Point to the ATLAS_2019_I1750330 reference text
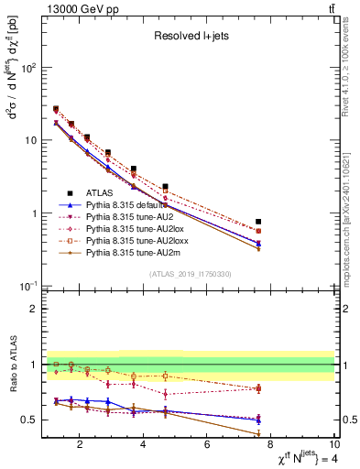[x=191, y=274]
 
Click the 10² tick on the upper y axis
[x=30, y=68]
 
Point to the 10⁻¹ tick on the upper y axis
[x=30, y=286]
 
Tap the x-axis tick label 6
[x=208, y=445]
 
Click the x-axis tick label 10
[x=333, y=445]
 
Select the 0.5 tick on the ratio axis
[x=33, y=420]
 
